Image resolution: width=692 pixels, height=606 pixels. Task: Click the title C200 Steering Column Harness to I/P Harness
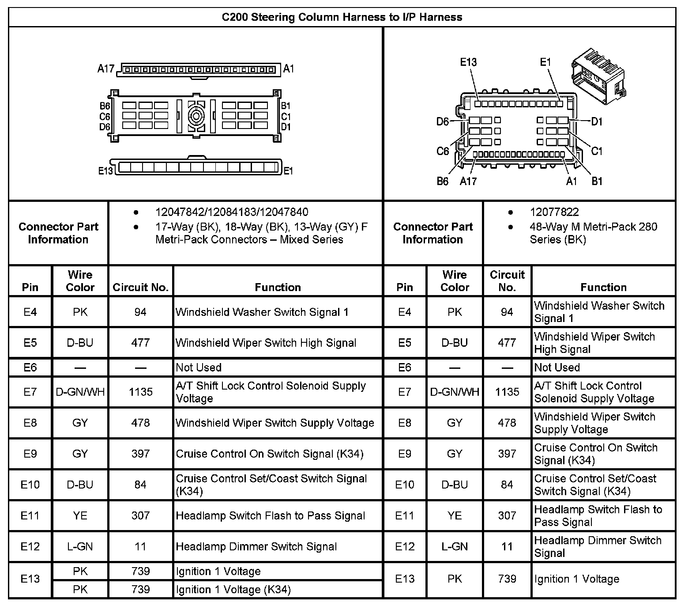(342, 17)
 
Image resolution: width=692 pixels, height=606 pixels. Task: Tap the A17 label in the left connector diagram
(106, 69)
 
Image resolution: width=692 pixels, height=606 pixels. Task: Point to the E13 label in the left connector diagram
(105, 171)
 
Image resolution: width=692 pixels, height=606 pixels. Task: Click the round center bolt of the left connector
(196, 117)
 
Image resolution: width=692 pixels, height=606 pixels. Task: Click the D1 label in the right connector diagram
(596, 121)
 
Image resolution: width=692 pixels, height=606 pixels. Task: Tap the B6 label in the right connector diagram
(442, 182)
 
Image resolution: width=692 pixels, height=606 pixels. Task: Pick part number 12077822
(554, 212)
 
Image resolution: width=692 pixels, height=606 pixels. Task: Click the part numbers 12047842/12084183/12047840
(232, 212)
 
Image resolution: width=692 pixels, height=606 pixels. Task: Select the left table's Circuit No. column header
(140, 288)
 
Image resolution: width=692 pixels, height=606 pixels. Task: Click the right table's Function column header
(603, 288)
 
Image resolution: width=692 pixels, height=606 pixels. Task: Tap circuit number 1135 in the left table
(140, 392)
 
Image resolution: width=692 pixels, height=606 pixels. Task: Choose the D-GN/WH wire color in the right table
(455, 392)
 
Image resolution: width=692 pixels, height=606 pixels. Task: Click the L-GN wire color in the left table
(80, 546)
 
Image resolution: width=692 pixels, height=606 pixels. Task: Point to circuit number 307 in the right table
(507, 515)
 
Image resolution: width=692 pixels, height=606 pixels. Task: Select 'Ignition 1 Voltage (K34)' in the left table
(233, 590)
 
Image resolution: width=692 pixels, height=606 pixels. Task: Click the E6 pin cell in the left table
(30, 367)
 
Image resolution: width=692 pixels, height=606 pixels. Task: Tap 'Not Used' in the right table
(557, 367)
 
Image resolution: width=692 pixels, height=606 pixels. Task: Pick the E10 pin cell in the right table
(404, 485)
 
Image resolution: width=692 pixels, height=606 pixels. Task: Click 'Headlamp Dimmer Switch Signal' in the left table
(256, 546)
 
